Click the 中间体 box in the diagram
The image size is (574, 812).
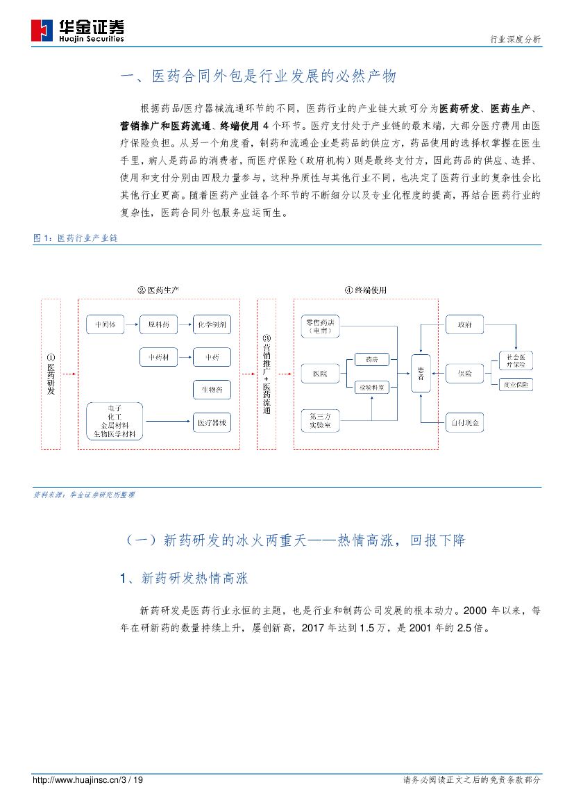(105, 324)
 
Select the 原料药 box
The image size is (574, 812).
(158, 324)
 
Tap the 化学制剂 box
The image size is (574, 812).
(212, 324)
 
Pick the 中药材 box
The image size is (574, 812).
(158, 358)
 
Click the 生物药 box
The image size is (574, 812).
(212, 390)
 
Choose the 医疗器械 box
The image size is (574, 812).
(212, 422)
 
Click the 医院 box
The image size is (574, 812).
(320, 374)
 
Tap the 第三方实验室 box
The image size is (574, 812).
(320, 420)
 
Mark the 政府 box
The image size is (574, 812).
(464, 324)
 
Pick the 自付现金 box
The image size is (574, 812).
(464, 422)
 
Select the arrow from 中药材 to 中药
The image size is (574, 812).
(185, 358)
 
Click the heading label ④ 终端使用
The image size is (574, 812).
(365, 290)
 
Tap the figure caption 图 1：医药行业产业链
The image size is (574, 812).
(76, 238)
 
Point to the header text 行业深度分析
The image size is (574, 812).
(514, 40)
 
